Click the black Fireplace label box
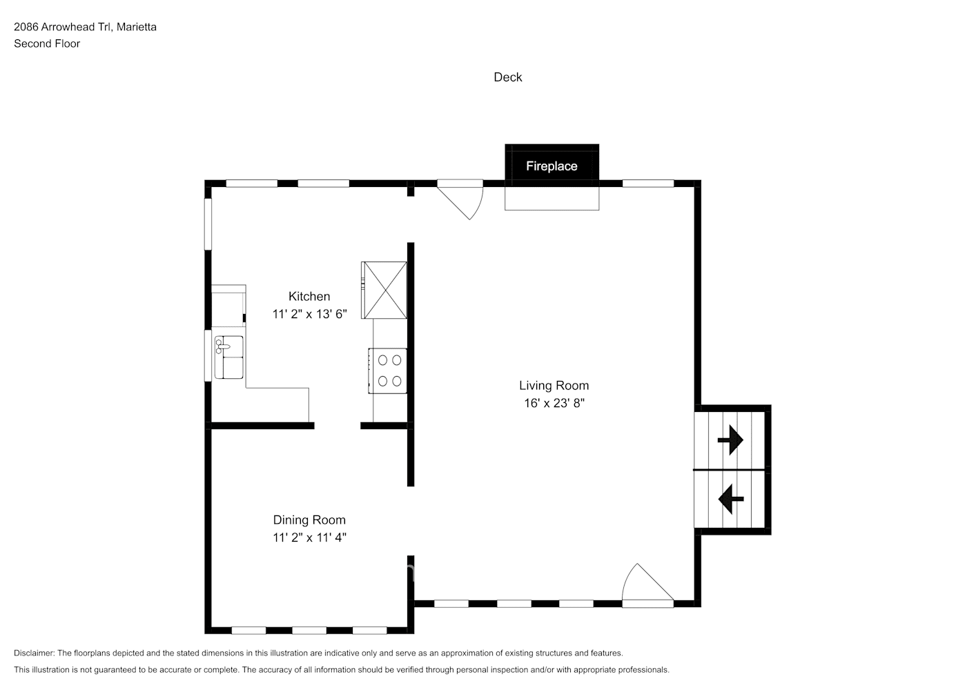pyautogui.click(x=552, y=166)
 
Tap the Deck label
pyautogui.click(x=507, y=77)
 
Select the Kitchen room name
pyautogui.click(x=309, y=296)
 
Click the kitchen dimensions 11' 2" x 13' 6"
pyautogui.click(x=309, y=314)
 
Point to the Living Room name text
pyautogui.click(x=554, y=386)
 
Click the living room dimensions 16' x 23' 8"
pyautogui.click(x=554, y=403)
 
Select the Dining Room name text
pyautogui.click(x=309, y=520)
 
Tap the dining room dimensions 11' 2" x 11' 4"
pyautogui.click(x=309, y=538)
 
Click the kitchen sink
pyautogui.click(x=228, y=357)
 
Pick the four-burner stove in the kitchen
pyautogui.click(x=387, y=371)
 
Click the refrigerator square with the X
pyautogui.click(x=384, y=290)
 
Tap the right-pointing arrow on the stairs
pyautogui.click(x=730, y=440)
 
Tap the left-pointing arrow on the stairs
pyautogui.click(x=730, y=498)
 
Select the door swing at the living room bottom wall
pyautogui.click(x=645, y=585)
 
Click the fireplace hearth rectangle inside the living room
pyautogui.click(x=552, y=198)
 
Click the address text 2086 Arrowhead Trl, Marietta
pyautogui.click(x=85, y=27)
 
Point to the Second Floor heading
pyautogui.click(x=47, y=43)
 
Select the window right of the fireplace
pyautogui.click(x=647, y=184)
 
